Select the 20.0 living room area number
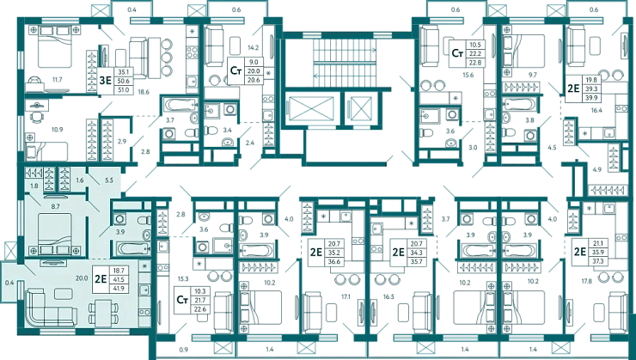(x=82, y=278)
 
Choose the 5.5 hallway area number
(x=109, y=182)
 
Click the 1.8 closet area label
(x=34, y=186)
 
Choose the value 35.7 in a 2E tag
(x=420, y=261)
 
